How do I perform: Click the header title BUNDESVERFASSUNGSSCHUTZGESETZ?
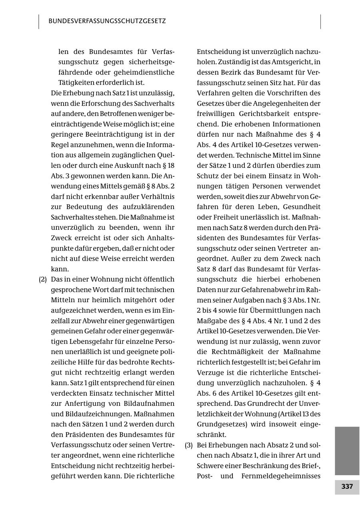point(107,21)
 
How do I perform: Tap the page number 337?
point(347,487)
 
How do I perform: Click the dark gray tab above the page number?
point(347,450)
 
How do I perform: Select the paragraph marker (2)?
point(43,279)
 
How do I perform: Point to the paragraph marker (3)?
point(189,445)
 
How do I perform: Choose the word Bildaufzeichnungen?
point(96,414)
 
